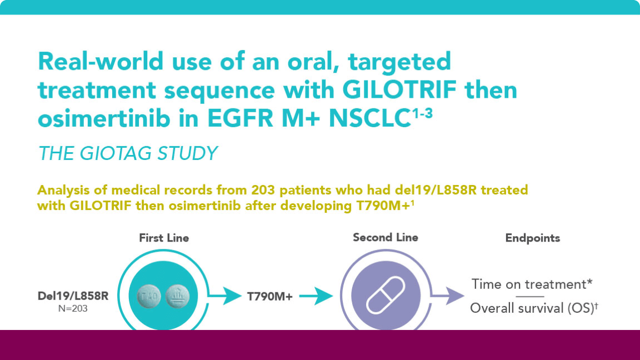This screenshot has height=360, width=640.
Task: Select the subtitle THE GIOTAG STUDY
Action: coord(127,153)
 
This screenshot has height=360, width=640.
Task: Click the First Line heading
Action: coord(164,238)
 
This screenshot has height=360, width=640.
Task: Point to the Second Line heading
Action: coord(386,237)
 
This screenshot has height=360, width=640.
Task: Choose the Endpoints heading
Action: coord(532,238)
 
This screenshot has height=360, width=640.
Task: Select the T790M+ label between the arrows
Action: coord(269,297)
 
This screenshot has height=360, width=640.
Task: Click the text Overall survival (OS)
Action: coord(531,308)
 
